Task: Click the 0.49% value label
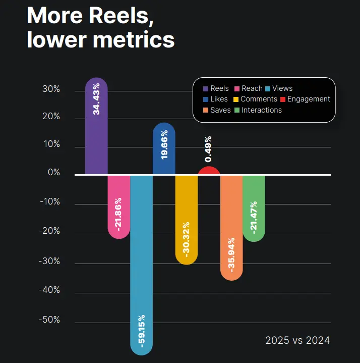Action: pos(209,149)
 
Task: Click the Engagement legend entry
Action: pos(306,99)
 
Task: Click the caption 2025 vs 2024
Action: pos(297,340)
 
